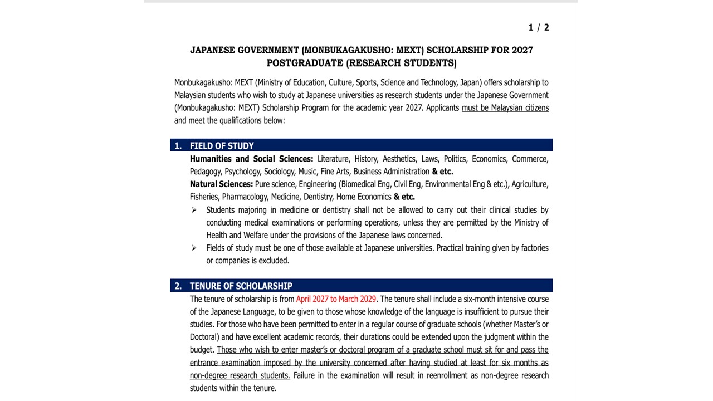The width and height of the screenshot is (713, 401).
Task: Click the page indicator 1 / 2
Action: (538, 27)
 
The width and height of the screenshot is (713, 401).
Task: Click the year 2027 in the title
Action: (521, 50)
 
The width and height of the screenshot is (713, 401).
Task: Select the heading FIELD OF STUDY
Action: (222, 146)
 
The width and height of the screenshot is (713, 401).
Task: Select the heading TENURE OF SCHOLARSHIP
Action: (241, 286)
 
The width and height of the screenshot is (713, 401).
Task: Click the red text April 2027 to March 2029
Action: (336, 299)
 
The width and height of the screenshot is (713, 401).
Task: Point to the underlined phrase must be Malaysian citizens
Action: (505, 108)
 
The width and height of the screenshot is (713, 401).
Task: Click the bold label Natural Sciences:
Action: (221, 184)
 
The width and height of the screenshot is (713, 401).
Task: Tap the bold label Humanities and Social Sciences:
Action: (251, 159)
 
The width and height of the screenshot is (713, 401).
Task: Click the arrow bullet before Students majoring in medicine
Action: (194, 210)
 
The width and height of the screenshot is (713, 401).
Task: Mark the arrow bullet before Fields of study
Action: (194, 248)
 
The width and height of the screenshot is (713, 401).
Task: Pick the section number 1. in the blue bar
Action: (178, 146)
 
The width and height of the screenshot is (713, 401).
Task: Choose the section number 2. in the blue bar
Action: (178, 286)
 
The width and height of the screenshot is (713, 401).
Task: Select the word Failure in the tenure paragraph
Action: (304, 375)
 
